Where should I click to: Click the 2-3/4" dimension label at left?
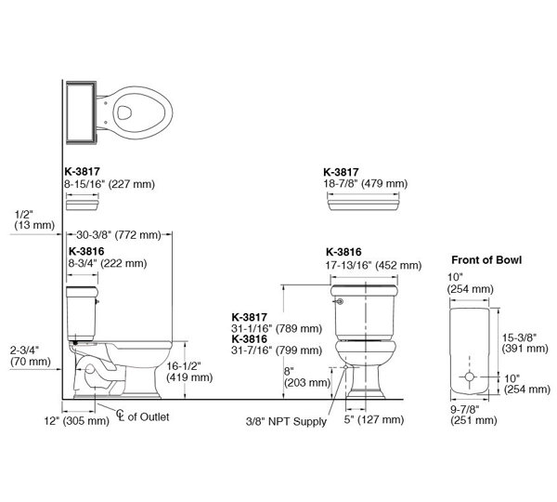26,355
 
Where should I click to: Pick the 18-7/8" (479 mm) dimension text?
365,184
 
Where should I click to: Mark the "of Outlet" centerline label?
144,416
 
